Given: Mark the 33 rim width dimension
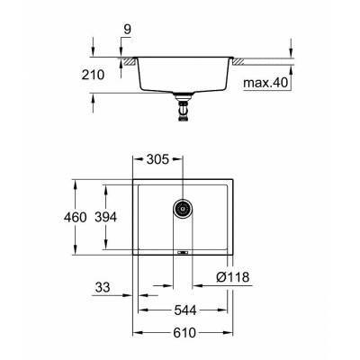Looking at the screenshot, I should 104,289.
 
